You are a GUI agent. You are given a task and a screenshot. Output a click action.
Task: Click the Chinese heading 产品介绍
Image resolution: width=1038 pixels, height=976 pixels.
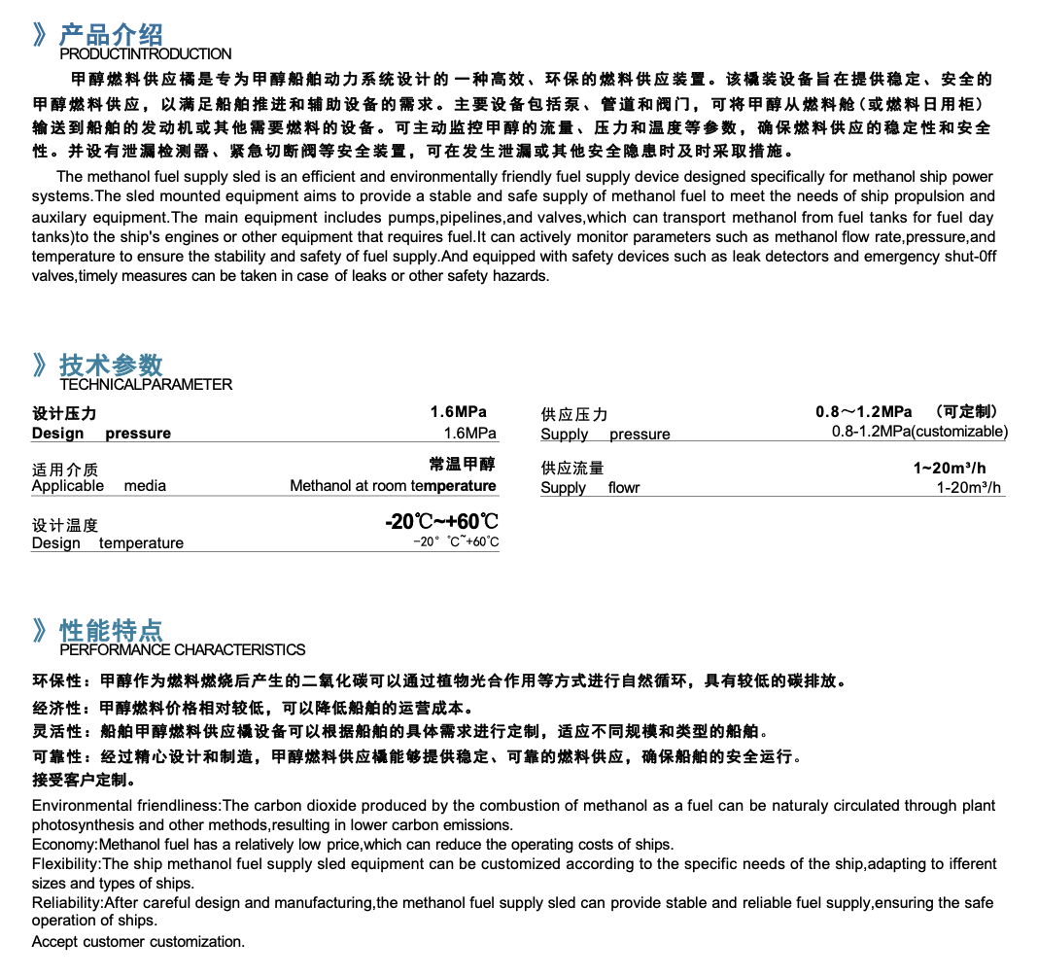point(111,36)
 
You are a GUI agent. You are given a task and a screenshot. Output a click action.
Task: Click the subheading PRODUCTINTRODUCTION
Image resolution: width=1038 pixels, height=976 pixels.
point(146,54)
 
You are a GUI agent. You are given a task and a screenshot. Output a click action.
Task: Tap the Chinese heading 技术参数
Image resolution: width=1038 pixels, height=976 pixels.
point(111,366)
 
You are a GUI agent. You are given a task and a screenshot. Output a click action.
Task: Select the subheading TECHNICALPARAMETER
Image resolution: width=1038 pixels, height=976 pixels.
point(146,385)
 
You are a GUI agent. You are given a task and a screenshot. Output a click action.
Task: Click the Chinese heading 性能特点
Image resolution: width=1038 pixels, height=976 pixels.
point(111,630)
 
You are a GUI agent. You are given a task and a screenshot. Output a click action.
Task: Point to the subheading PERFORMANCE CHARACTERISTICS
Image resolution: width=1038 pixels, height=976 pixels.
point(183,649)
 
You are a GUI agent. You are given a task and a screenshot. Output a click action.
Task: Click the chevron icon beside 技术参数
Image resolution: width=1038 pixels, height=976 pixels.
point(40,366)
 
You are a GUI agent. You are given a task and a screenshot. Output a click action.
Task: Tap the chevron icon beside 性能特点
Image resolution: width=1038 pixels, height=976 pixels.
point(40,630)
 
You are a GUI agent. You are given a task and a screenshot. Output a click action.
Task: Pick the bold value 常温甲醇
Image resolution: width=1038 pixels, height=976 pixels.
point(463,465)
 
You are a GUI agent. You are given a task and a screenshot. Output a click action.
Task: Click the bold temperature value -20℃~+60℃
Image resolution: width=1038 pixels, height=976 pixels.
point(442,522)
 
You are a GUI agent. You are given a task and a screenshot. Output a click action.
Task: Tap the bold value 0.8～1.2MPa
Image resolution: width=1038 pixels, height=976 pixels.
point(864,412)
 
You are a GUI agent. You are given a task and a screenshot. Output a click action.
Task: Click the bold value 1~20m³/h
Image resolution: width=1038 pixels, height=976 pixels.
point(950,468)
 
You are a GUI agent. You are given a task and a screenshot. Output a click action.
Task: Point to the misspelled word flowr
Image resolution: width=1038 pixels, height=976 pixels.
point(624,488)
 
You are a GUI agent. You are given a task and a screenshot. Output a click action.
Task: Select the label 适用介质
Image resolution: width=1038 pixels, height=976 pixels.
point(65,470)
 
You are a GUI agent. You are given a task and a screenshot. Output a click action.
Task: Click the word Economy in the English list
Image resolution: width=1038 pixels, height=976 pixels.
point(63,844)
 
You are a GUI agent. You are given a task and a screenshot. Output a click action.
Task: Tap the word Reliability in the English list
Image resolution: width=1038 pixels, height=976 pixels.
point(66,902)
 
